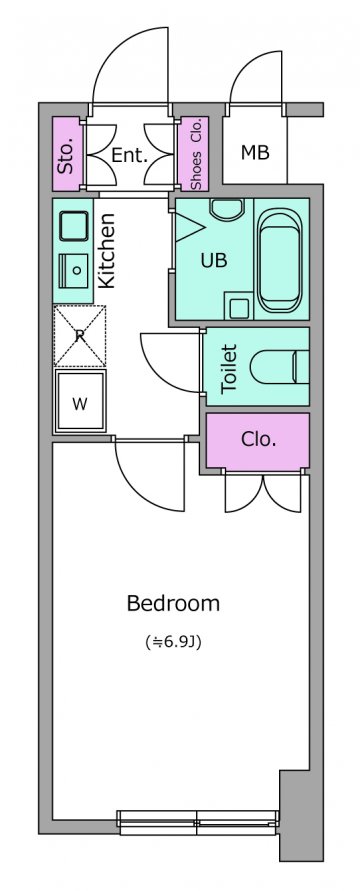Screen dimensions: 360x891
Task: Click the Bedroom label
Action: click(x=173, y=603)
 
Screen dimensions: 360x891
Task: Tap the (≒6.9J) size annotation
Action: click(x=173, y=643)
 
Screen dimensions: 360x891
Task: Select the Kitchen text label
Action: click(x=107, y=250)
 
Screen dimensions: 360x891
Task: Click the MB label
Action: click(x=255, y=152)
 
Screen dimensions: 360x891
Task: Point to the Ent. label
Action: click(x=129, y=155)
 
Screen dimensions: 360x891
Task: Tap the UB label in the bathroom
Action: click(x=214, y=260)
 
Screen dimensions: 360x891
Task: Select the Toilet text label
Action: click(x=229, y=369)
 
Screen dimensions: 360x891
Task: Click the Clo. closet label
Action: click(x=258, y=439)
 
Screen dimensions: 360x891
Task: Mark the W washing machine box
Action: click(x=80, y=401)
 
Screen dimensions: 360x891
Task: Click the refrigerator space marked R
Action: click(x=80, y=336)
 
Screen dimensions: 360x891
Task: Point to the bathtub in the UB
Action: click(x=280, y=260)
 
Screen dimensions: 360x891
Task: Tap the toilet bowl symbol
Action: click(x=279, y=367)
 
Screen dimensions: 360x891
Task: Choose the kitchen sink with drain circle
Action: click(x=74, y=270)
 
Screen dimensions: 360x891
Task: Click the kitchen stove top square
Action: click(x=74, y=226)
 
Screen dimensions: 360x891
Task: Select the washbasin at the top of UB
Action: click(x=227, y=210)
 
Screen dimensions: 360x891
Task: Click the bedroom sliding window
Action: click(x=198, y=822)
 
